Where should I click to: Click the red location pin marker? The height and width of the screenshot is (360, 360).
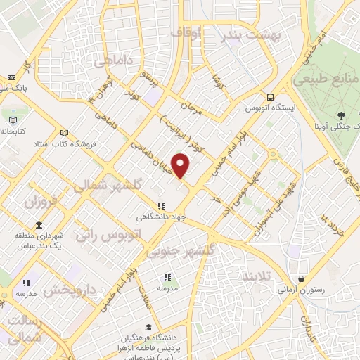[x=181, y=166]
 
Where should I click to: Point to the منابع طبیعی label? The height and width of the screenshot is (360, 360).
[x=326, y=80]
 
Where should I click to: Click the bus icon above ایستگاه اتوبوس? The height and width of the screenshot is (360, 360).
[x=269, y=98]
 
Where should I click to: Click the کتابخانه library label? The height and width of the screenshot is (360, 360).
[x=13, y=131]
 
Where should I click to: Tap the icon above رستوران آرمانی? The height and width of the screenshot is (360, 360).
[x=302, y=279]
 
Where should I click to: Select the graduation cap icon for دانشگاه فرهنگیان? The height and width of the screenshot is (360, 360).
[x=148, y=327]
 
